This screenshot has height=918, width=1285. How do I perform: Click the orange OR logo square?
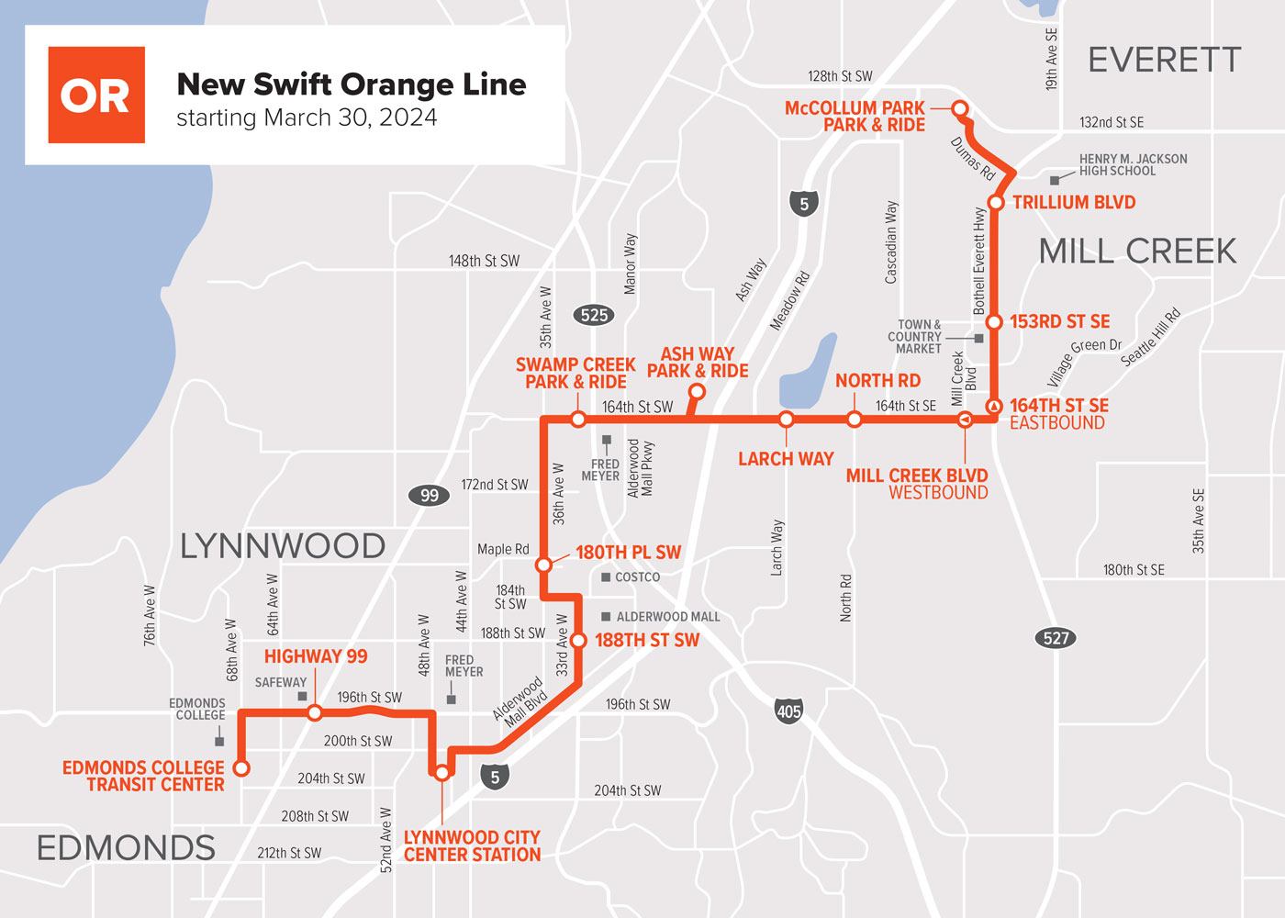[x=96, y=95]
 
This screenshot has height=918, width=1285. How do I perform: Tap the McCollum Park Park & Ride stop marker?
[x=960, y=109]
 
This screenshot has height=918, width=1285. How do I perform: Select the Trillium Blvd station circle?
[x=995, y=203]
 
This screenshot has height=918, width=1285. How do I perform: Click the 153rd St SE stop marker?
[x=993, y=322]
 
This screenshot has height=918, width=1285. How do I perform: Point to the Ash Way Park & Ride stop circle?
[x=697, y=392]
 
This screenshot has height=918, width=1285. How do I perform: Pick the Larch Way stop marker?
[x=786, y=420]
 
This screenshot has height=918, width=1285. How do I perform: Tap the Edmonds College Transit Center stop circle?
[x=241, y=767]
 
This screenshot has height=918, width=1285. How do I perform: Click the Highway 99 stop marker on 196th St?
[x=315, y=712]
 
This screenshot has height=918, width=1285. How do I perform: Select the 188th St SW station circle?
[x=578, y=641]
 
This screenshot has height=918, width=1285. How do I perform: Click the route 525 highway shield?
[x=594, y=315]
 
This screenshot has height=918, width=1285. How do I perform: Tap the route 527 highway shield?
[x=1056, y=638]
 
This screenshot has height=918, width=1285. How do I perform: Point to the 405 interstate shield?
[x=788, y=711]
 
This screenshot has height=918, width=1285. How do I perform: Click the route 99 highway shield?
[x=429, y=496]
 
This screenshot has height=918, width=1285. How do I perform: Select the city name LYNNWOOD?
[x=283, y=546]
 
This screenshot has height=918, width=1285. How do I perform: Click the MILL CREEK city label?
[x=1137, y=252]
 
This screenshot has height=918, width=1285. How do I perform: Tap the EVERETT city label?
[x=1164, y=61]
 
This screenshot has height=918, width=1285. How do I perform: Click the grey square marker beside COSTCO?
[x=606, y=577]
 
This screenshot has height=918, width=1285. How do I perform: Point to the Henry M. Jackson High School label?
[x=1133, y=165]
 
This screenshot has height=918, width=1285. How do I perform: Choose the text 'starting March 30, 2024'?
[x=307, y=118]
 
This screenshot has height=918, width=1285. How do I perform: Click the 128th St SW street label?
[x=840, y=76]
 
